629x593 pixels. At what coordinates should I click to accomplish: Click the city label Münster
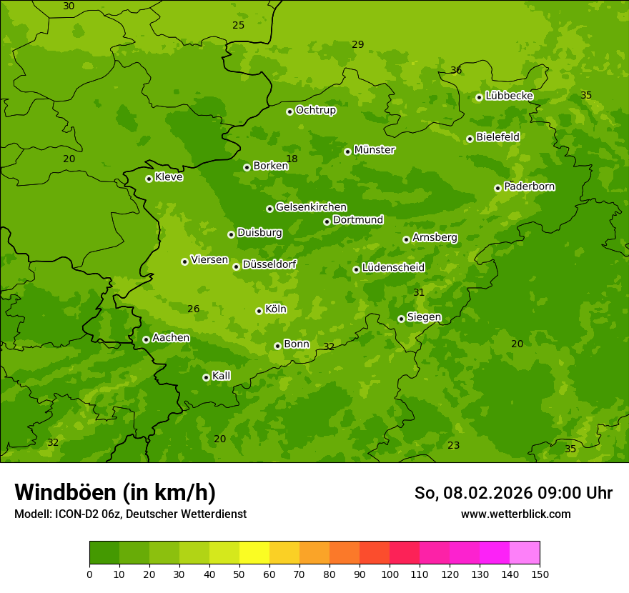[x=375, y=150]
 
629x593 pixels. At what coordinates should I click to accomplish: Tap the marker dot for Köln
[x=259, y=311]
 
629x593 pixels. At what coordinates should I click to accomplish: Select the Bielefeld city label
[x=497, y=137]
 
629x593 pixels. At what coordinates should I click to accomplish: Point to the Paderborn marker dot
[x=497, y=188]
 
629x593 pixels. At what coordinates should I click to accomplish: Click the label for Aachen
[x=171, y=338]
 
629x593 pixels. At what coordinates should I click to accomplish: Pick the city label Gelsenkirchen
[x=311, y=207]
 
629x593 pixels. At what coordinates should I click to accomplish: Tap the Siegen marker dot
[x=401, y=319]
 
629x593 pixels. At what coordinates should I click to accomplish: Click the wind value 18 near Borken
[x=292, y=159]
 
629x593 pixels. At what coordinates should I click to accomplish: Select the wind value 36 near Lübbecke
[x=456, y=70]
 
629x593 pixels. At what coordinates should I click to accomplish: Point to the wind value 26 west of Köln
[x=193, y=309]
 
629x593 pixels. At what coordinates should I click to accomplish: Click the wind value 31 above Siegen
[x=419, y=292]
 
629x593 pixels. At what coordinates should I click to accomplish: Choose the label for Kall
[x=222, y=376]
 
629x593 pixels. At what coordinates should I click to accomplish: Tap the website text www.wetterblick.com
[x=515, y=514]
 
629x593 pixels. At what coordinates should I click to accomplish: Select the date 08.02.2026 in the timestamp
[x=477, y=493]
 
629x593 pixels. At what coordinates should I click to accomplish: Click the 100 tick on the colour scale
[x=390, y=574]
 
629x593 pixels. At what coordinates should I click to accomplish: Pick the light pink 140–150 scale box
[x=525, y=552]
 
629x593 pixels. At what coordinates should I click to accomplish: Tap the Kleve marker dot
[x=149, y=179]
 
